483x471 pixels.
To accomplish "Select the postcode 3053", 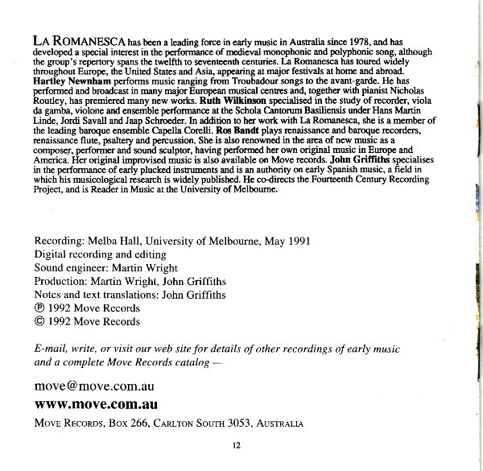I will (x=228, y=423).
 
